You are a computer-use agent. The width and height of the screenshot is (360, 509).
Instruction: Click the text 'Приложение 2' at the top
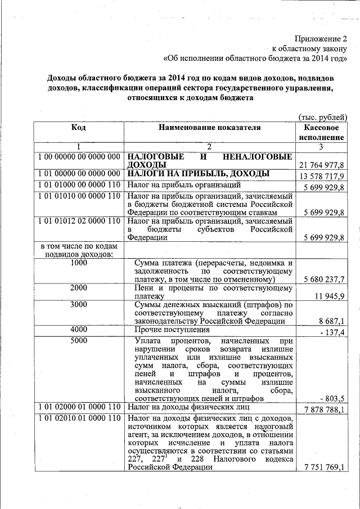321,39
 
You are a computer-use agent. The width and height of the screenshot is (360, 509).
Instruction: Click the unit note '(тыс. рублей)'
322,117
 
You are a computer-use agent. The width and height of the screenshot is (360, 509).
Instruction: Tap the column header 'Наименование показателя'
209,128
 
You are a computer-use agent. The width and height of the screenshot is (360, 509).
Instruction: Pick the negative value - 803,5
332,398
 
